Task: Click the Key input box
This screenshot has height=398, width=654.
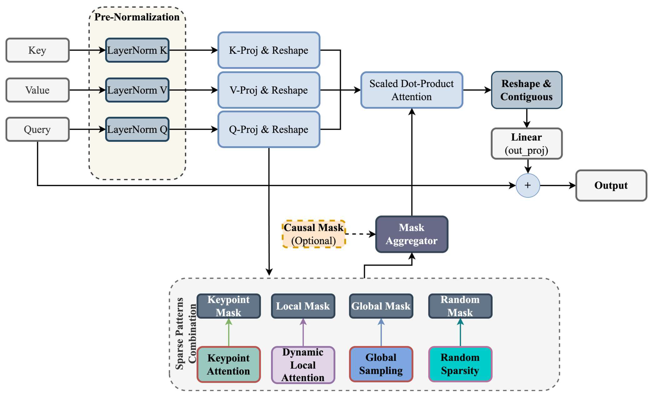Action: pyautogui.click(x=37, y=50)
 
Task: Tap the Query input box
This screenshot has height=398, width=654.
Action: pyautogui.click(x=37, y=129)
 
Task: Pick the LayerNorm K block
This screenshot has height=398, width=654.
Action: pyautogui.click(x=137, y=50)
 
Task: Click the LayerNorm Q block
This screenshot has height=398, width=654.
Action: pyautogui.click(x=137, y=129)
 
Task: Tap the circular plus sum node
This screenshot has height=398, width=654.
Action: pyautogui.click(x=528, y=185)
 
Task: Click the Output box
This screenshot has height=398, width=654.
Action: pyautogui.click(x=611, y=185)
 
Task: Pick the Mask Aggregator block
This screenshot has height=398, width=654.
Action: pyautogui.click(x=412, y=234)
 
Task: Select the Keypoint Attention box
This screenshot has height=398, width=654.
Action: pyautogui.click(x=229, y=364)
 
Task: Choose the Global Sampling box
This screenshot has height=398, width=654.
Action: pyautogui.click(x=381, y=364)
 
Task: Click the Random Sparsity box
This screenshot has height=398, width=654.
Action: pyautogui.click(x=460, y=364)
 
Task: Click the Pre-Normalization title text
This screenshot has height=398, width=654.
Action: pyautogui.click(x=137, y=17)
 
